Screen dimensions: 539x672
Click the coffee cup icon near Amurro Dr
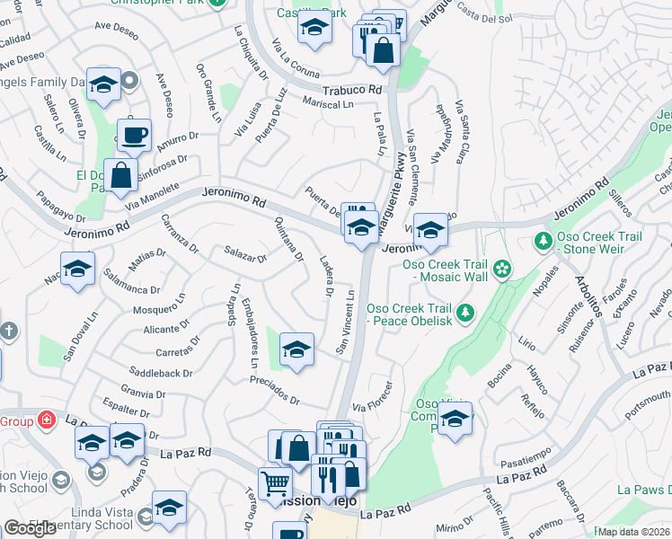click(135, 136)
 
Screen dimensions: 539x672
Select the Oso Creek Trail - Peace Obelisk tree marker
click(464, 312)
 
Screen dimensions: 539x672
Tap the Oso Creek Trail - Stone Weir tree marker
click(543, 241)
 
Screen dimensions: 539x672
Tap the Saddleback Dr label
click(162, 373)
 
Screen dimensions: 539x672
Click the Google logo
click(30, 527)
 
